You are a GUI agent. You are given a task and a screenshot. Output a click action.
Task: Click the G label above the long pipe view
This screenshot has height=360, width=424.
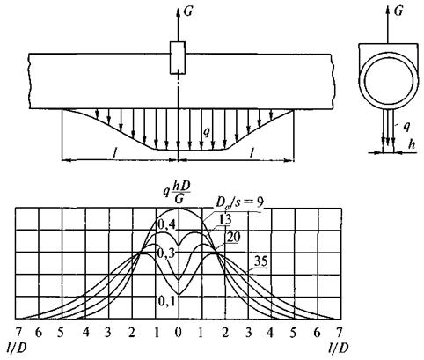[x=187, y=11]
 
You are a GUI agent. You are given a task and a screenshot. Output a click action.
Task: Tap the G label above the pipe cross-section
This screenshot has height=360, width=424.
[x=398, y=11]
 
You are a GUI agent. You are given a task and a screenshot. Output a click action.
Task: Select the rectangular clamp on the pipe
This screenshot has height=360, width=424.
[x=178, y=58]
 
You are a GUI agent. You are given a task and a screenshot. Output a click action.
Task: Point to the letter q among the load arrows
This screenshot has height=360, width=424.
[x=207, y=132]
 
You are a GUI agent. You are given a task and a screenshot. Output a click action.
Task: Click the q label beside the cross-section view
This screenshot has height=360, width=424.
[x=406, y=126]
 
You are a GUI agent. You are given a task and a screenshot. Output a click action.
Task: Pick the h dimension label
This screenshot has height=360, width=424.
[x=413, y=144]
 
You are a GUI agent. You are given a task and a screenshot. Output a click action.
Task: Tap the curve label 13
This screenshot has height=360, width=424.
[x=225, y=219]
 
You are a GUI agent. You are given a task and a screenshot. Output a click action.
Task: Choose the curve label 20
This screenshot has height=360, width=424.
[x=234, y=237]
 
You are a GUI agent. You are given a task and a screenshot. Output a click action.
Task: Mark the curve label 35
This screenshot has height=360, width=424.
[x=260, y=261]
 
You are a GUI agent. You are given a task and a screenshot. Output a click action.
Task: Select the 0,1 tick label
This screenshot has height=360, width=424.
[x=166, y=301]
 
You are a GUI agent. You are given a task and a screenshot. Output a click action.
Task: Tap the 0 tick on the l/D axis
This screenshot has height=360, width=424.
[x=178, y=333]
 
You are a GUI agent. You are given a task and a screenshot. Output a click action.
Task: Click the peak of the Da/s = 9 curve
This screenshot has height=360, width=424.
[x=179, y=208]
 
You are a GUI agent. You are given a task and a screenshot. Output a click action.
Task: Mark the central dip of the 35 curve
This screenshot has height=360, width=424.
[x=179, y=294]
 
